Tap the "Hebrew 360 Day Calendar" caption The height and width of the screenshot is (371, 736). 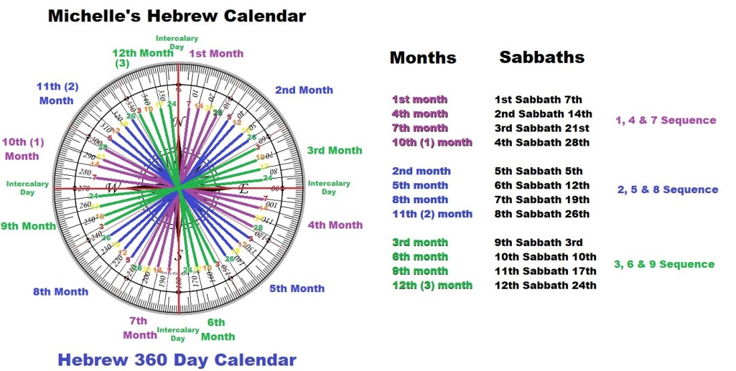pos(177,360)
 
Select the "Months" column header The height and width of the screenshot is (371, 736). pos(423,58)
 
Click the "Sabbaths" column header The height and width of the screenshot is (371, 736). pos(542,57)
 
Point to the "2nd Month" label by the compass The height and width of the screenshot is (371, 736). pos(304,90)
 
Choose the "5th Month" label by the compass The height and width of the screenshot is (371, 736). pos(297,289)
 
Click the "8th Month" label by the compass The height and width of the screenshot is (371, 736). pos(60,291)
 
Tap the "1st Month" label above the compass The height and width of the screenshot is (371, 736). pos(216,53)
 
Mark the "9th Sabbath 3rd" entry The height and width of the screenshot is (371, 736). pos(538,243)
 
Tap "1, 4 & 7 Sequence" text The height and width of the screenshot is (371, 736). pos(666,121)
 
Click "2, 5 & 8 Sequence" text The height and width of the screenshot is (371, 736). pos(667,190)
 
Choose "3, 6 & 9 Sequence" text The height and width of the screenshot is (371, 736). pos(664,264)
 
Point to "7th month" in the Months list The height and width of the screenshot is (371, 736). pos(420,128)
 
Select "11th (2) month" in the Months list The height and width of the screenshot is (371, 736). pos(432,214)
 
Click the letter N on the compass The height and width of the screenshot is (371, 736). pos(178,123)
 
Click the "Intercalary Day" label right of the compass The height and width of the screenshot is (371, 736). pos(329,188)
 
